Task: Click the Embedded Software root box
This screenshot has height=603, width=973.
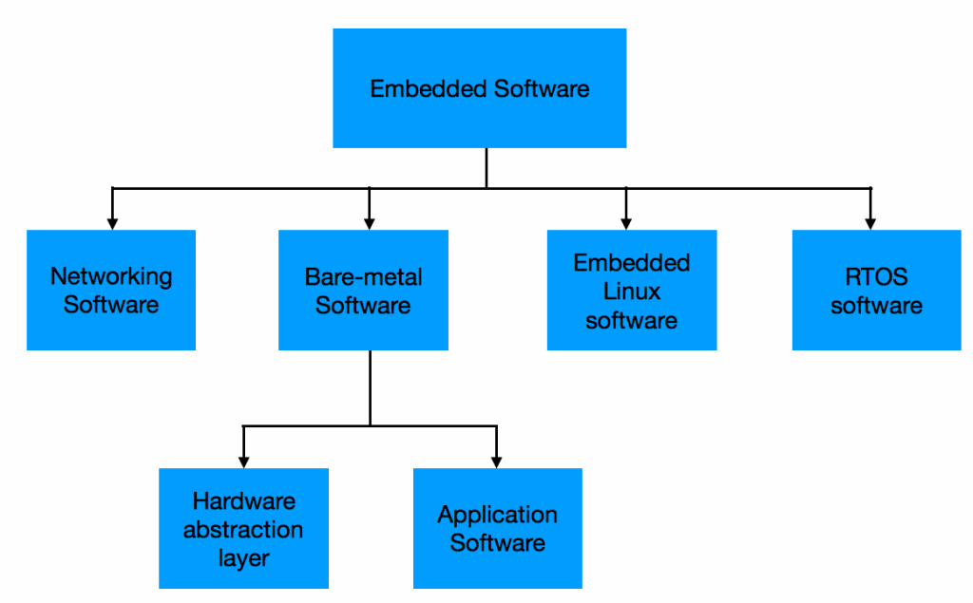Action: point(479,88)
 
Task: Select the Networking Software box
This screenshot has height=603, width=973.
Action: point(111,290)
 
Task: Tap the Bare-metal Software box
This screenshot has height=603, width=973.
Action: point(363,290)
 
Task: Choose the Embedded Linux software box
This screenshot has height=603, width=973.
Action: point(632,290)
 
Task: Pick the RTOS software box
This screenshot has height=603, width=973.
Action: point(876,290)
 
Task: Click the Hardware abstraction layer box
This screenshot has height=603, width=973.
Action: point(243,528)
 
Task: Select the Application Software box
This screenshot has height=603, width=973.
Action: point(497,528)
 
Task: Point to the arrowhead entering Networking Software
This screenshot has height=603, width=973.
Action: point(112,223)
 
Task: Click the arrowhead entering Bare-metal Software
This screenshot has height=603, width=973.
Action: point(370,223)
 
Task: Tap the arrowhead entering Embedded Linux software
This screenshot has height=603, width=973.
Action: point(626,223)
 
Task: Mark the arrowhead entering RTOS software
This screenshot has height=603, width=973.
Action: point(870,223)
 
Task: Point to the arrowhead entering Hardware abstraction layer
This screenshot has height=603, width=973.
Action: point(244,462)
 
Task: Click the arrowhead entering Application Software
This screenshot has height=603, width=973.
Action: point(497,462)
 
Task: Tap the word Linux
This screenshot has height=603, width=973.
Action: point(631,291)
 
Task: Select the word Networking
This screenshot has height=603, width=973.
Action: point(111,277)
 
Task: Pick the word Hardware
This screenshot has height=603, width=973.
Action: point(244,500)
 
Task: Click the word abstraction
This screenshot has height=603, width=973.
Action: point(243,529)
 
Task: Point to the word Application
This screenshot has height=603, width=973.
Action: point(497,516)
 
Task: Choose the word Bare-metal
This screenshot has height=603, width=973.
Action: point(363,277)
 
